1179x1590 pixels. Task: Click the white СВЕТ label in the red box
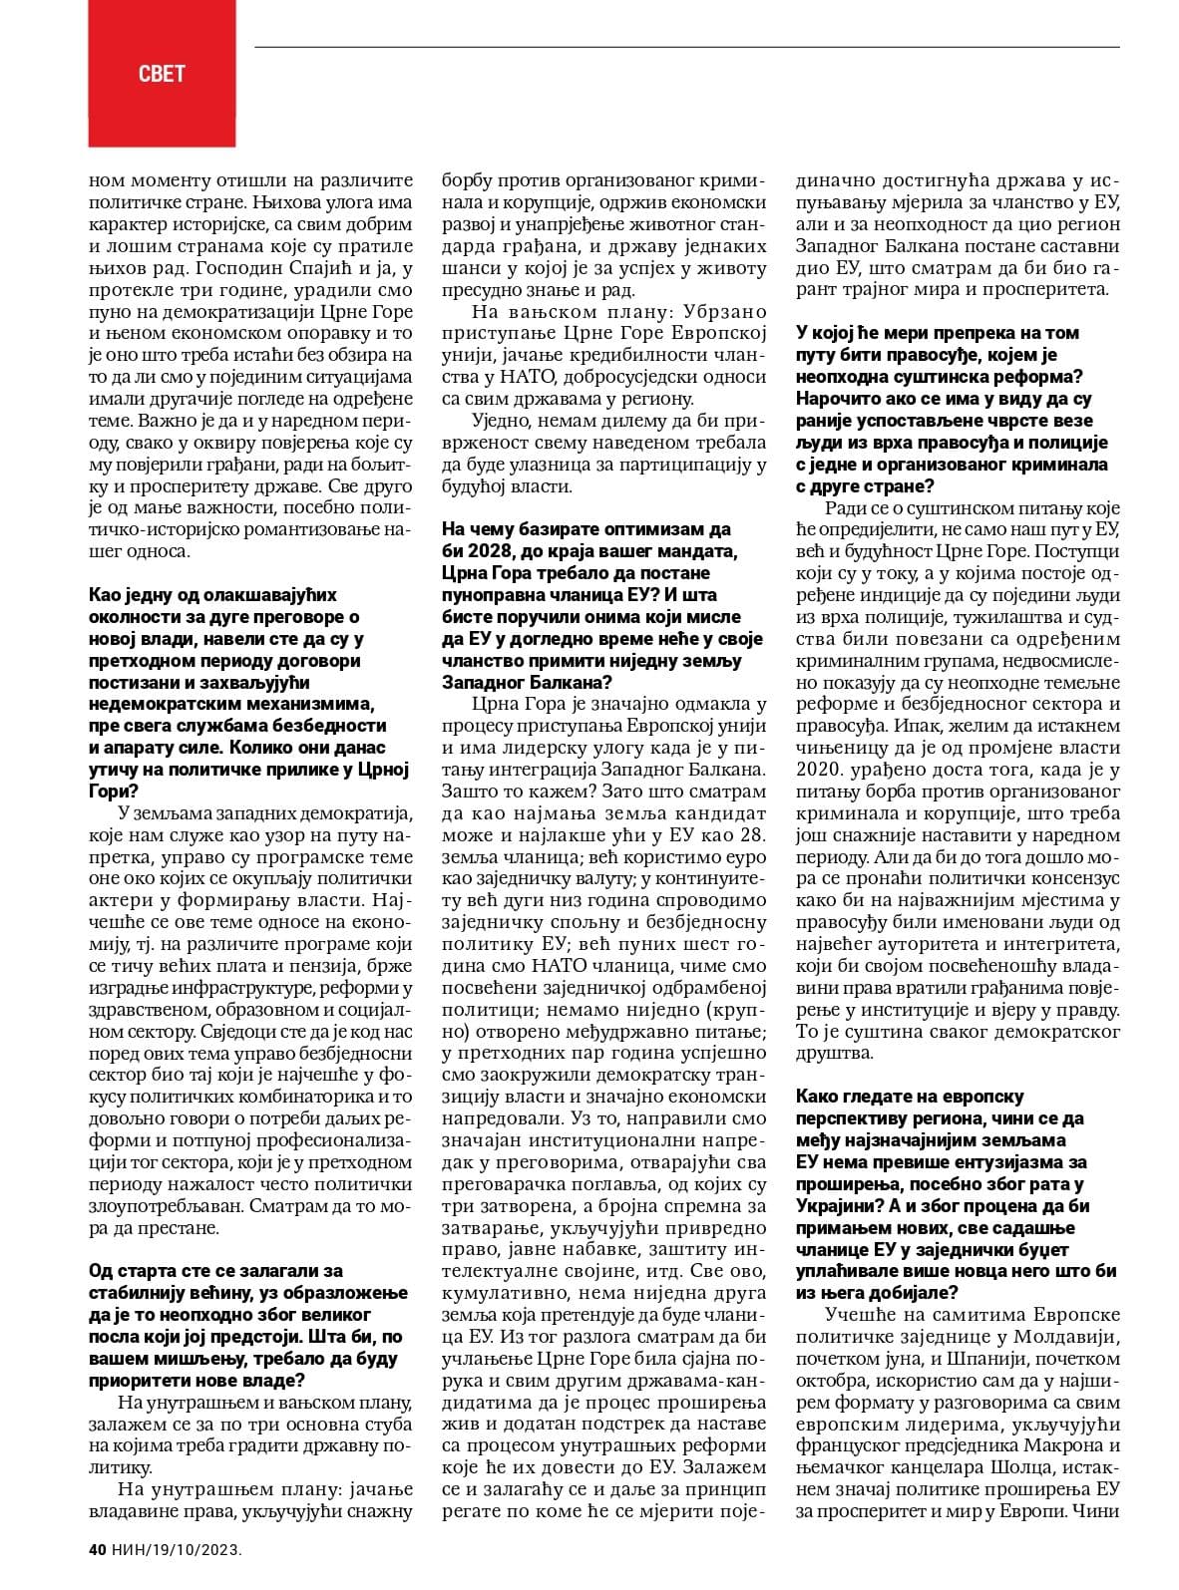tap(162, 73)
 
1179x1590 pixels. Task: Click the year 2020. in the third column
tap(822, 771)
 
